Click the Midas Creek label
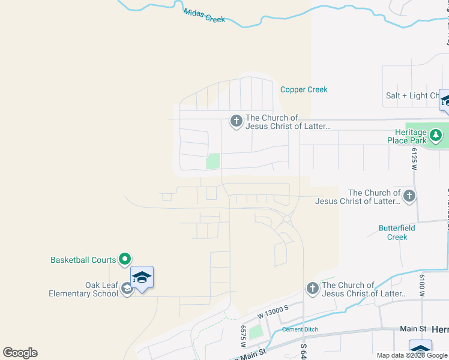(205, 16)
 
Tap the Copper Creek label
(304, 89)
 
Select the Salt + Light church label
(415, 96)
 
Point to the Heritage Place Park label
(411, 136)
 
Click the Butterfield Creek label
(397, 232)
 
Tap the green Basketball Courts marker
(125, 259)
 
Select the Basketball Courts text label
(83, 260)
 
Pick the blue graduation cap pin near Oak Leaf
(142, 277)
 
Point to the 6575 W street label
(244, 337)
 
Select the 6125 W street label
(414, 160)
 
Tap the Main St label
(413, 329)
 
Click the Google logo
(20, 353)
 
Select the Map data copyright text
(412, 355)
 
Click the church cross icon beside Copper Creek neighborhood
(236, 122)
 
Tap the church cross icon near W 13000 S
(312, 289)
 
